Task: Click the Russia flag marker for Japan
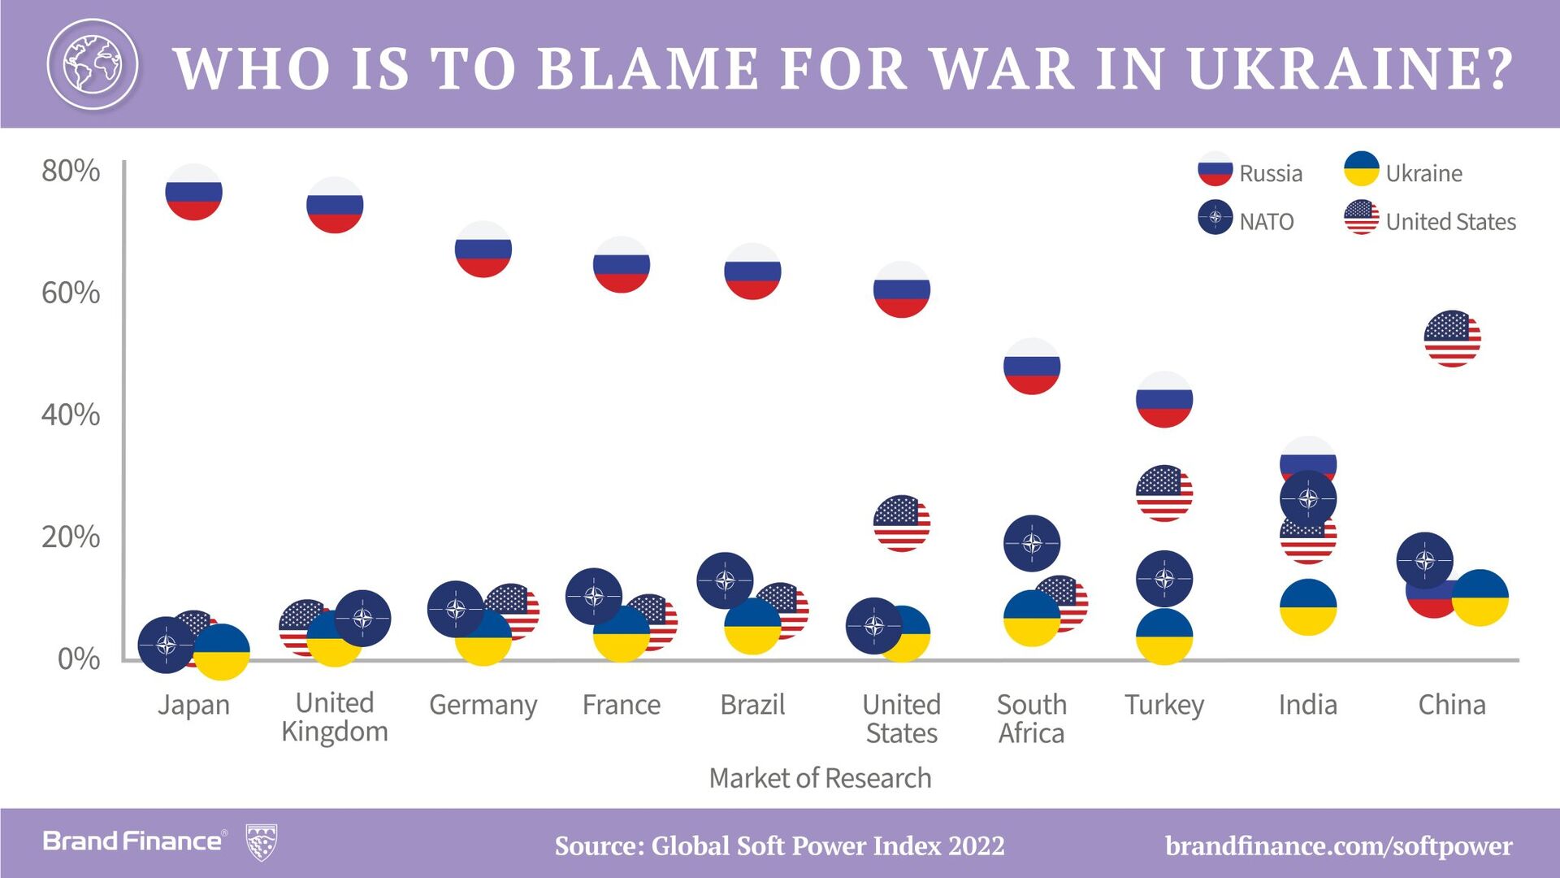pyautogui.click(x=193, y=192)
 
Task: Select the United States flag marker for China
pyautogui.click(x=1452, y=338)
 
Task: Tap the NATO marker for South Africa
pyautogui.click(x=1031, y=543)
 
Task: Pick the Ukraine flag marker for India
pyautogui.click(x=1307, y=607)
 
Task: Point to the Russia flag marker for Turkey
pyautogui.click(x=1163, y=399)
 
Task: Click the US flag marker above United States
pyautogui.click(x=901, y=524)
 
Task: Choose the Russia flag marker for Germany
pyautogui.click(x=483, y=249)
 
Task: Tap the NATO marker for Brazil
pyautogui.click(x=725, y=580)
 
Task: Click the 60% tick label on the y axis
pyautogui.click(x=71, y=293)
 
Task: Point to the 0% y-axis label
pyautogui.click(x=79, y=658)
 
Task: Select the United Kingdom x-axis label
pyautogui.click(x=335, y=717)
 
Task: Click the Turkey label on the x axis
pyautogui.click(x=1163, y=705)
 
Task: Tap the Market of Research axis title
pyautogui.click(x=820, y=778)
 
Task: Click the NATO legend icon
pyautogui.click(x=1215, y=217)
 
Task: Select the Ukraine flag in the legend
pyautogui.click(x=1361, y=169)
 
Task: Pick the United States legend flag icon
pyautogui.click(x=1361, y=217)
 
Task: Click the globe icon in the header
pyautogui.click(x=92, y=63)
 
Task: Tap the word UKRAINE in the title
pyautogui.click(x=1350, y=68)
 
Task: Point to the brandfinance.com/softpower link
pyautogui.click(x=1338, y=846)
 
